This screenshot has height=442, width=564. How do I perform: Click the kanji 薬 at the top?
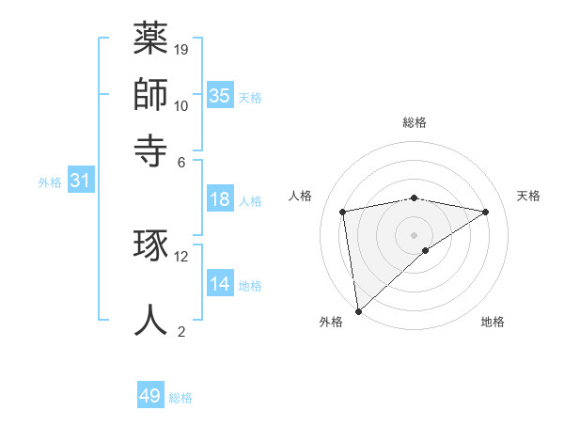[x=151, y=39]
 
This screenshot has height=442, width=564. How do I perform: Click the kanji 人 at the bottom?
[x=151, y=317]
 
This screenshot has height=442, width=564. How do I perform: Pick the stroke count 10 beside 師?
[x=181, y=105]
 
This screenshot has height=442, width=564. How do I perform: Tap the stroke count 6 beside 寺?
[x=181, y=161]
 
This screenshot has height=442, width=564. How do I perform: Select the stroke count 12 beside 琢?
[x=181, y=256]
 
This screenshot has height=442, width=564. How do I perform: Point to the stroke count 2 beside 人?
[x=181, y=330]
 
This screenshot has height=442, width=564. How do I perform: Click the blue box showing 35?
[x=219, y=95]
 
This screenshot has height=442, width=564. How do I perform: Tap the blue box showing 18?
[x=219, y=199]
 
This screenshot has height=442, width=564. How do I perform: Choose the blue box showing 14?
[x=219, y=284]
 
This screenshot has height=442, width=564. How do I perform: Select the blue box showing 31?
[x=80, y=181]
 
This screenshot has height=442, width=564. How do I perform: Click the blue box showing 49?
[x=150, y=396]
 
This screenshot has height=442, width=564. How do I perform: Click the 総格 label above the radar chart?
[x=415, y=122]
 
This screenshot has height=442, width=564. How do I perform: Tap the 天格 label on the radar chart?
[x=528, y=196]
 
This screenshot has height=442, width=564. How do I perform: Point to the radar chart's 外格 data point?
[x=357, y=310]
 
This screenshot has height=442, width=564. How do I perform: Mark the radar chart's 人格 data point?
[x=343, y=212]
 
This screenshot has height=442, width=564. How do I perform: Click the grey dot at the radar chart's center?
[x=415, y=234]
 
